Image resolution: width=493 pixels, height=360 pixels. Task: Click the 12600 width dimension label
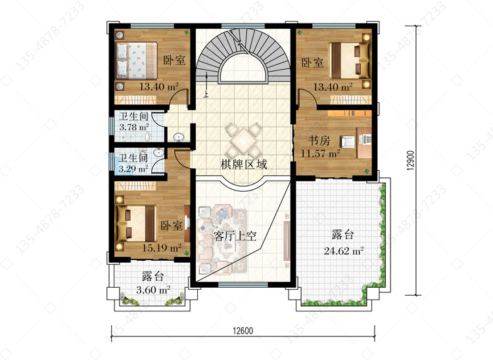[243, 331]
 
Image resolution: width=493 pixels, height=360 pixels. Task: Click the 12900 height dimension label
[411, 160]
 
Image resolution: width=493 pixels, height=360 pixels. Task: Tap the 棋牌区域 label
[244, 164]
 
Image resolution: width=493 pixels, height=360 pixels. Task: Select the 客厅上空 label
[235, 236]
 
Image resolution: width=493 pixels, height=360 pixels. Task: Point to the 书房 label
[319, 141]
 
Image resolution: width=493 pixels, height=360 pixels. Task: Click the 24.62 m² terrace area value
[344, 251]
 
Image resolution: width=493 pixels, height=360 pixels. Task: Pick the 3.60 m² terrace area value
[153, 289]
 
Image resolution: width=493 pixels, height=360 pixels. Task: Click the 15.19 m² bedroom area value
[162, 248]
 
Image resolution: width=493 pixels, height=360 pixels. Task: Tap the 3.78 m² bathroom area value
[134, 127]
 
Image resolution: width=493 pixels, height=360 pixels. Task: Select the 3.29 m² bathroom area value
[133, 169]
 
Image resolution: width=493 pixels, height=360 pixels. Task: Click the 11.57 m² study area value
[320, 154]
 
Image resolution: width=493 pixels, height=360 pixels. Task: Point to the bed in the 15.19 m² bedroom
[137, 223]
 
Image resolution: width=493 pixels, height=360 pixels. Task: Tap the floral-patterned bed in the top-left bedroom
[137, 60]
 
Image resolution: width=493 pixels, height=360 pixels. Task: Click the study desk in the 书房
[364, 143]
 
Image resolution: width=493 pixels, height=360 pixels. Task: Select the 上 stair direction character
[206, 94]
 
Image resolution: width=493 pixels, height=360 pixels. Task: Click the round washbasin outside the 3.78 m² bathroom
[179, 137]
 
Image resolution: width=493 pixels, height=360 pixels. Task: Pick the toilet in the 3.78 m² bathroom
[147, 137]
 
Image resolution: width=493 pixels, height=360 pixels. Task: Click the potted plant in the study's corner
[367, 171]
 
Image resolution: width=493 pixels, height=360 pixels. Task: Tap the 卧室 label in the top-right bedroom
[312, 62]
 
